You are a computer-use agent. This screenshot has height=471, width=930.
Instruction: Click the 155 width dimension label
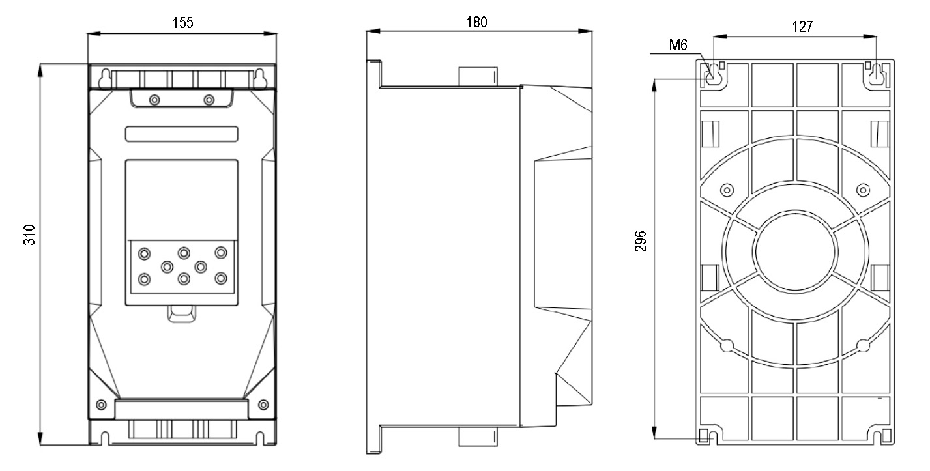[182, 22]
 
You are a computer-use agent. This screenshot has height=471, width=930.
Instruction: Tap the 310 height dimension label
[29, 235]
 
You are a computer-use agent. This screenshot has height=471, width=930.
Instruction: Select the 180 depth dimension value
[476, 22]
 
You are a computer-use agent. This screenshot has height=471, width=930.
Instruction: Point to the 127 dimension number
[802, 27]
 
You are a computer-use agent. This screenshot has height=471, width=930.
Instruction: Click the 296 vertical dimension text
[641, 241]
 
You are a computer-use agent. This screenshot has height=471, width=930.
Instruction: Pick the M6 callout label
[678, 45]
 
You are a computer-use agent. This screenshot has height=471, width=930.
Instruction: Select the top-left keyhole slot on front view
[105, 78]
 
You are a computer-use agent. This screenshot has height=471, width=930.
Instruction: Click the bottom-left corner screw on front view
[101, 405]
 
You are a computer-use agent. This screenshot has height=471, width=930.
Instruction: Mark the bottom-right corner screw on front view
[263, 405]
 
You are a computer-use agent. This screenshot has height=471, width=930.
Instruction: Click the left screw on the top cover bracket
[154, 100]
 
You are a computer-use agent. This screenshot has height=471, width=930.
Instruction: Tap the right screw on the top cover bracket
[209, 100]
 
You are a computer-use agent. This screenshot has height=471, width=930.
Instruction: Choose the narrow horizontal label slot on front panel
[182, 134]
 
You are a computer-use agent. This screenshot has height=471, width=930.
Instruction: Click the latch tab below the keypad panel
[182, 314]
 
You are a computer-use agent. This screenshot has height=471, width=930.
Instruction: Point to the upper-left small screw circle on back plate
[727, 190]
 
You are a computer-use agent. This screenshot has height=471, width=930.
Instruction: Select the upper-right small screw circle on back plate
[863, 190]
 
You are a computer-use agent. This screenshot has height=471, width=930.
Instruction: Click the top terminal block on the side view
[478, 77]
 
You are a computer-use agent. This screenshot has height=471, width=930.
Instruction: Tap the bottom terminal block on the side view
[478, 436]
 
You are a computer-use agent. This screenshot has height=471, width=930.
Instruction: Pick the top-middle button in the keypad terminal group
[184, 253]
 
